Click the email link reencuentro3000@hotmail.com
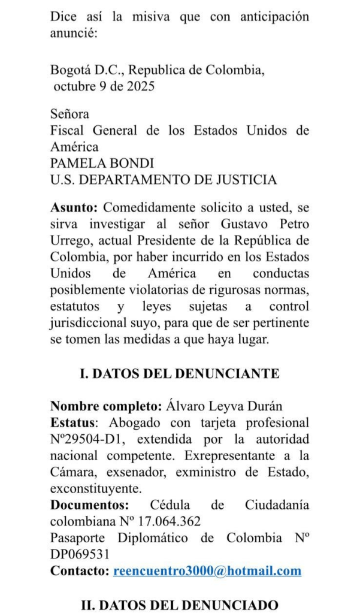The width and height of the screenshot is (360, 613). pyautogui.click(x=207, y=570)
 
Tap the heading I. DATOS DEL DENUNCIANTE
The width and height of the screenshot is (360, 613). pyautogui.click(x=180, y=373)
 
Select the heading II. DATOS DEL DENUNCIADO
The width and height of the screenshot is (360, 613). pyautogui.click(x=180, y=605)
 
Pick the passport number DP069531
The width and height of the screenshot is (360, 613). pyautogui.click(x=80, y=554)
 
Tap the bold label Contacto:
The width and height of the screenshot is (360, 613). pyautogui.click(x=80, y=570)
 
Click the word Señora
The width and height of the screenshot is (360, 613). pyautogui.click(x=69, y=113)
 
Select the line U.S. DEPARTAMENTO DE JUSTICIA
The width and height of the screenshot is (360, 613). pyautogui.click(x=164, y=179)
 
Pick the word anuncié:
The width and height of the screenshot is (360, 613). pyautogui.click(x=74, y=33)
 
